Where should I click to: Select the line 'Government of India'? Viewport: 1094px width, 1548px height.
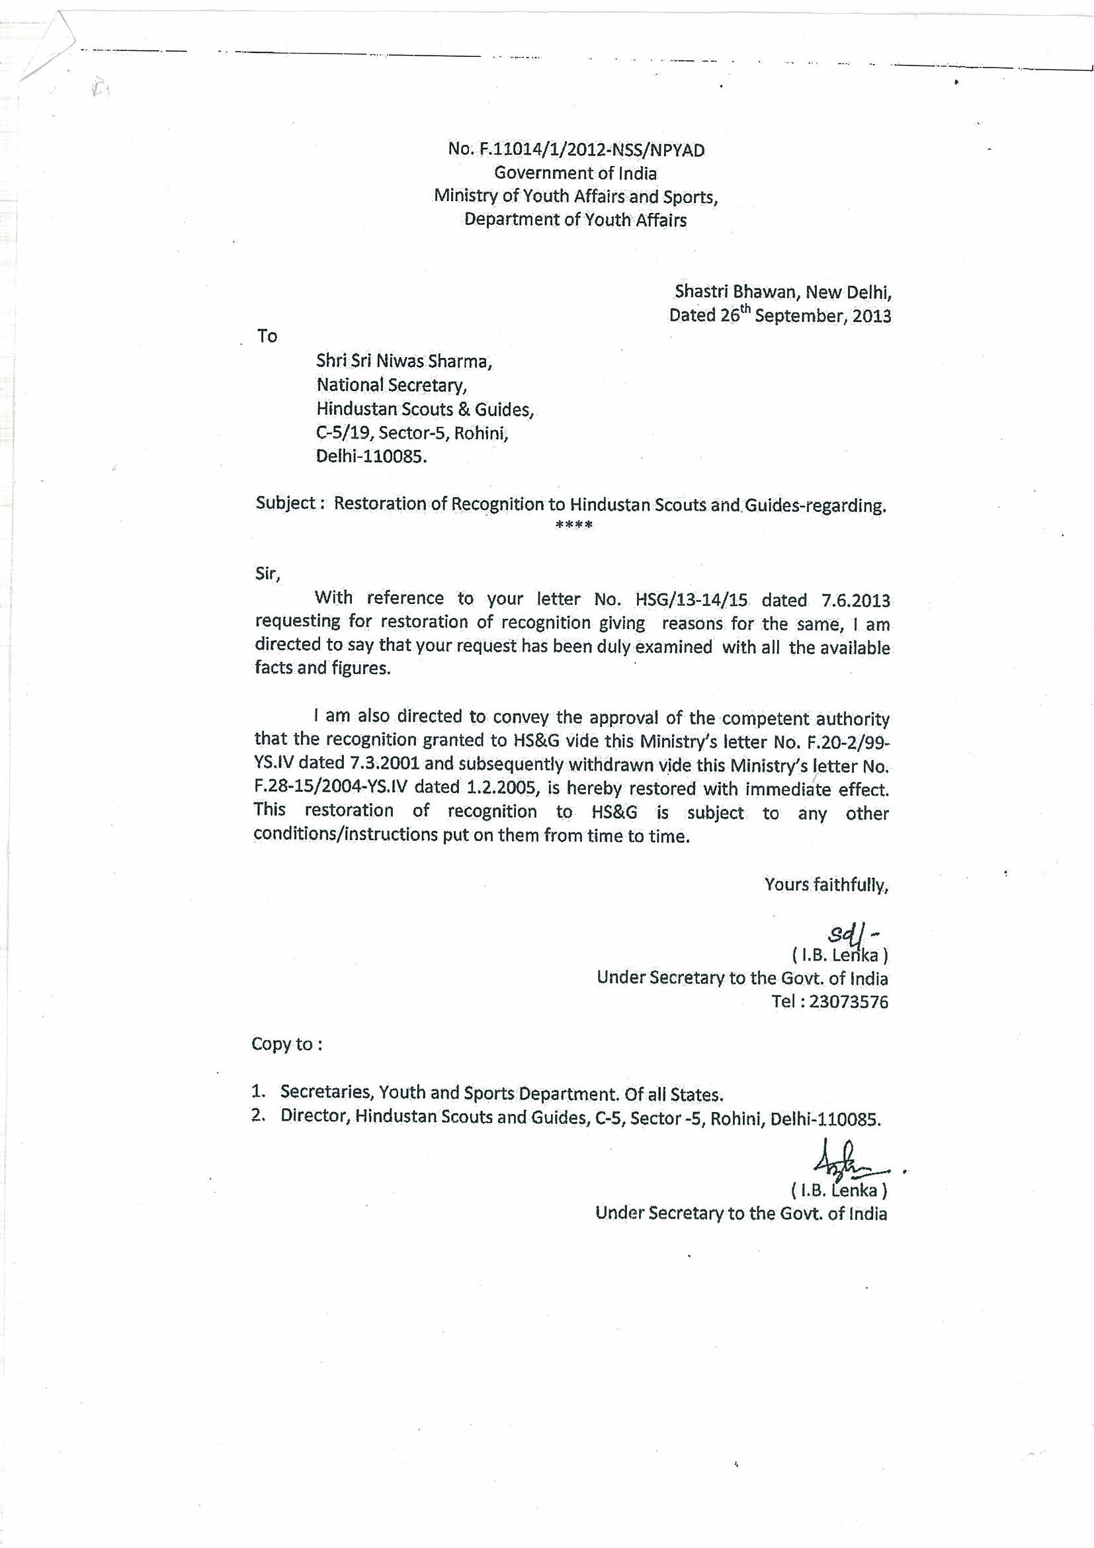(x=575, y=173)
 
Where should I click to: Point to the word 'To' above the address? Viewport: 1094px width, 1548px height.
(x=267, y=336)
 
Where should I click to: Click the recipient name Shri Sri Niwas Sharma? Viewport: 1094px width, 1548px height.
(x=403, y=361)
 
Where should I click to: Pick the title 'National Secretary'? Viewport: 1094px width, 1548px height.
(x=392, y=385)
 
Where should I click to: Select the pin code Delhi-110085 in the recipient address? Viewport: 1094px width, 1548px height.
(x=372, y=456)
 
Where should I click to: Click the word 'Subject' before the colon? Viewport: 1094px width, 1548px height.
(x=285, y=503)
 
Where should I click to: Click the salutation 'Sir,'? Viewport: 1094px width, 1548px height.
(x=267, y=574)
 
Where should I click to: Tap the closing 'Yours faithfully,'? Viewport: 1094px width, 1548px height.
(x=825, y=884)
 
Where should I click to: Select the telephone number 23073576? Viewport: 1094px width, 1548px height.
(x=849, y=1002)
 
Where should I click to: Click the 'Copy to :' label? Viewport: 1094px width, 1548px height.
(x=286, y=1045)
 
